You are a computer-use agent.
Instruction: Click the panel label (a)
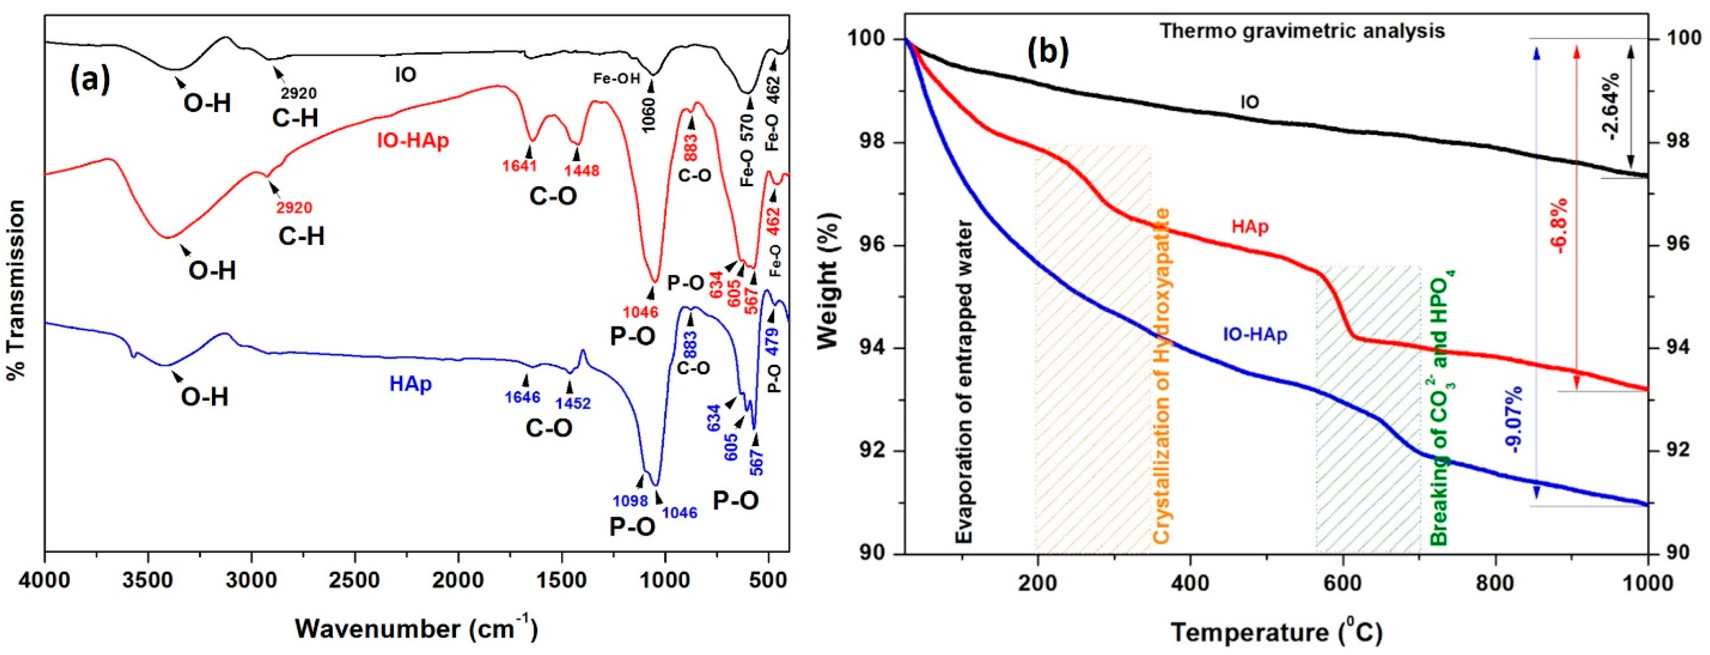click(90, 81)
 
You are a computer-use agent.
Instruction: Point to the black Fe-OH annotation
click(617, 79)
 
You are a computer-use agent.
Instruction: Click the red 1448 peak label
click(582, 171)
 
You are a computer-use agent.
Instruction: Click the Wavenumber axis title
click(416, 628)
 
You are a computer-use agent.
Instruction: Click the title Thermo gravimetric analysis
click(1302, 31)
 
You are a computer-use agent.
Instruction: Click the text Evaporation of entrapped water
click(964, 382)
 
